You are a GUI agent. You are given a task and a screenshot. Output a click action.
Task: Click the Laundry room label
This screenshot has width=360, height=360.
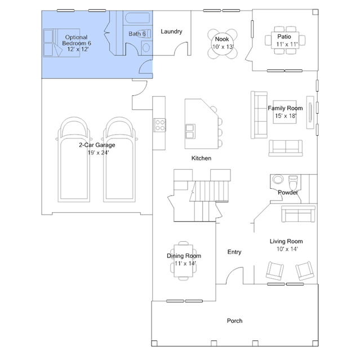171,32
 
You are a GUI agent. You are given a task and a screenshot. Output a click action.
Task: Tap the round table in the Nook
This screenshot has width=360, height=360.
222,44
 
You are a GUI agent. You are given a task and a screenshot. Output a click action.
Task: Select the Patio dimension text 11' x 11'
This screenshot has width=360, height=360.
287,44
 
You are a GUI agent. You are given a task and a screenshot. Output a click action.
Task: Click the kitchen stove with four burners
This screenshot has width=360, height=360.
160,125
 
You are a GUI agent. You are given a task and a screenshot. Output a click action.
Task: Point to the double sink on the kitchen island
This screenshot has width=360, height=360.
190,132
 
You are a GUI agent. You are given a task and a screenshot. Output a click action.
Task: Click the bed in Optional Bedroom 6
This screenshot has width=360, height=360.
61,43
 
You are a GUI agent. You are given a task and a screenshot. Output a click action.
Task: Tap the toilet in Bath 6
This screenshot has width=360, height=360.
145,34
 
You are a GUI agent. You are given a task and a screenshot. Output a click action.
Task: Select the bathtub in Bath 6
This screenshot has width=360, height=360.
137,18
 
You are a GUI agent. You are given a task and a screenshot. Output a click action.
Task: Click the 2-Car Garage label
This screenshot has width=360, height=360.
97,145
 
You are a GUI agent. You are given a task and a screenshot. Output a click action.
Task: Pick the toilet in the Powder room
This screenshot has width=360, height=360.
293,181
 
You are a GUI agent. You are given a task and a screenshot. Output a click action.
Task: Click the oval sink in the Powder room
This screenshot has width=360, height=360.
278,179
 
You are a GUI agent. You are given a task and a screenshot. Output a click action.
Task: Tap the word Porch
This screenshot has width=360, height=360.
234,321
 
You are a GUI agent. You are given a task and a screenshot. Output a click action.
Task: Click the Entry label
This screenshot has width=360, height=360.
234,252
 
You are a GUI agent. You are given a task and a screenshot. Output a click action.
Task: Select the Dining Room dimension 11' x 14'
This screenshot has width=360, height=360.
185,263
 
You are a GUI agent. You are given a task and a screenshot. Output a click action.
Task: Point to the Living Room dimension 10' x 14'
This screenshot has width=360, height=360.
287,249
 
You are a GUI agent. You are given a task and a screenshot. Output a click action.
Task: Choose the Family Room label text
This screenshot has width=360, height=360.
285,108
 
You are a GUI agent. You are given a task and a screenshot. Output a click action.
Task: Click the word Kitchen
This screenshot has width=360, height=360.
201,158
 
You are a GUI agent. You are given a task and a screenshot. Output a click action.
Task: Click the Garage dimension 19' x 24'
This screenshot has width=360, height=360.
98,153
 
